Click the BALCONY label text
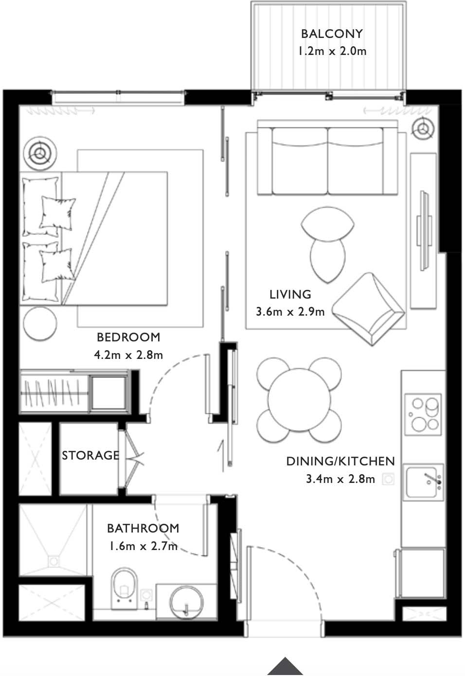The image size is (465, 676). tap(332, 34)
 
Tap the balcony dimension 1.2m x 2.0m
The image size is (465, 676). tap(332, 51)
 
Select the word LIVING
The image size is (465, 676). tap(290, 294)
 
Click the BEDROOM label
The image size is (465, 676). tap(128, 337)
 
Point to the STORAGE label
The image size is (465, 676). tap(90, 455)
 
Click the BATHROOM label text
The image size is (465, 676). tap(143, 528)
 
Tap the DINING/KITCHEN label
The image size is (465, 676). tap(340, 461)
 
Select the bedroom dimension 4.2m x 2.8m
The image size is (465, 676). tap(128, 355)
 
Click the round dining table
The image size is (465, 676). tap(299, 400)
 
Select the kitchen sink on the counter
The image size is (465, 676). tap(424, 481)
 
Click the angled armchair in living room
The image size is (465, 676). tap(371, 308)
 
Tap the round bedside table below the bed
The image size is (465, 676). tap(40, 323)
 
